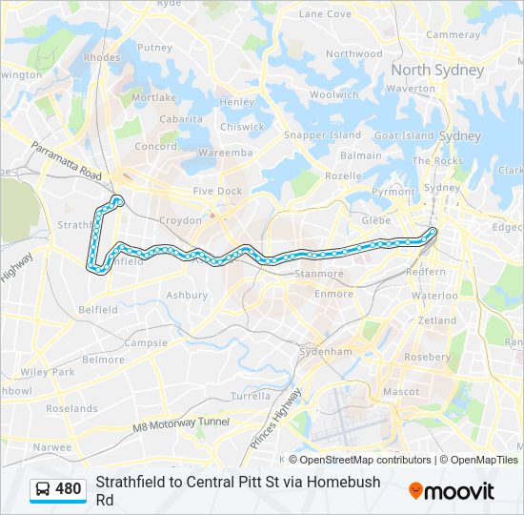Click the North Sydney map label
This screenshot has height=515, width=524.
[437, 71]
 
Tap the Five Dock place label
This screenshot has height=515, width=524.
[218, 191]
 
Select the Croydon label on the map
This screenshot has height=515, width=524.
[180, 220]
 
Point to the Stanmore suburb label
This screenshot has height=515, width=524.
[319, 274]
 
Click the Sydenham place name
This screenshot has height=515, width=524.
[327, 352]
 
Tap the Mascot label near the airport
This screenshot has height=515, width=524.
[401, 391]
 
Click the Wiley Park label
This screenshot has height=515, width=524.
[48, 372]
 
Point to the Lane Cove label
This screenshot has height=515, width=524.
[325, 14]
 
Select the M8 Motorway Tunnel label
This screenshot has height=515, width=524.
[182, 422]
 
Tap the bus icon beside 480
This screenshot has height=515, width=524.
[44, 490]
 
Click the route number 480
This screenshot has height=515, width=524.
[69, 490]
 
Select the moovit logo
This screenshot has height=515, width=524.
[452, 491]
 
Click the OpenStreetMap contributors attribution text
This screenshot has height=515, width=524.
[360, 460]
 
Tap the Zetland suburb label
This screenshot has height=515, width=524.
[437, 320]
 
